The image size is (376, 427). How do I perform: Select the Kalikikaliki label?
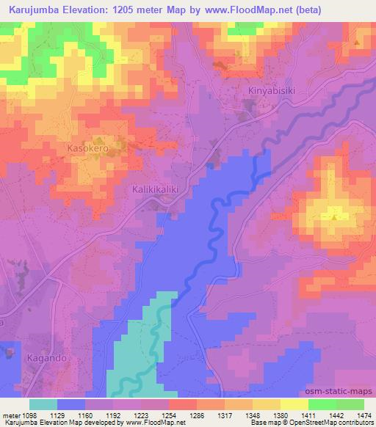[x=156, y=189]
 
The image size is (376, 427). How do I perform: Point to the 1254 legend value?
[x=174, y=415]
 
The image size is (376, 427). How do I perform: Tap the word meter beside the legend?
[x=12, y=415]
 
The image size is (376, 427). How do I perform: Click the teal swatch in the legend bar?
[x=43, y=404]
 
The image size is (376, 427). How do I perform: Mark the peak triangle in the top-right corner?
[x=358, y=42]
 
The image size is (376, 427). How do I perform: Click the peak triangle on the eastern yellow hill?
[x=335, y=216]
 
